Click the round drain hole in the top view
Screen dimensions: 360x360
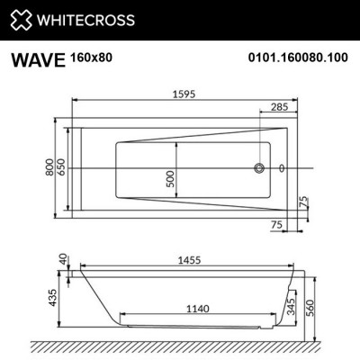[x=261, y=168]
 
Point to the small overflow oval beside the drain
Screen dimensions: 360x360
[x=283, y=168]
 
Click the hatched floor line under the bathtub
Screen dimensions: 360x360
[x=180, y=346]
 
